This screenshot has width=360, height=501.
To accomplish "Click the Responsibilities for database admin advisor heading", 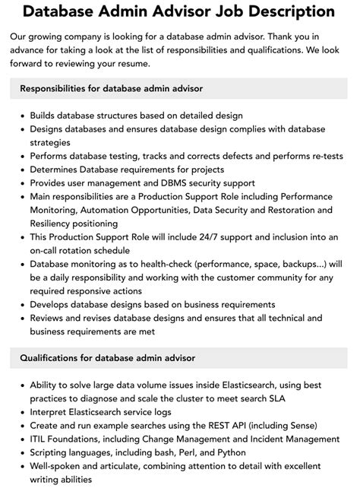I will [111, 89].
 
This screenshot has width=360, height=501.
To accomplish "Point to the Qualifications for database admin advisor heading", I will [107, 357].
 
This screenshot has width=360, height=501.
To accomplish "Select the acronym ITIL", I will [40, 439].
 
